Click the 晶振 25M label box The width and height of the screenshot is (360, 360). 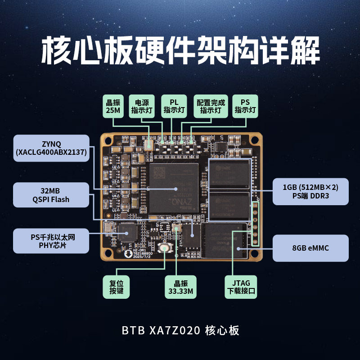tap(113, 106)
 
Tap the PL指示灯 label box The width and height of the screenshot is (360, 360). tap(174, 106)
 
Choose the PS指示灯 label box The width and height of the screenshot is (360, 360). tap(245, 106)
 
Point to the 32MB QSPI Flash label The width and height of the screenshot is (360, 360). tap(50, 195)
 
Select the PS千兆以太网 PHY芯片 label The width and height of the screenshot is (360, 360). tap(50, 241)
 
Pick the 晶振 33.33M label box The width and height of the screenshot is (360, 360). tap(180, 288)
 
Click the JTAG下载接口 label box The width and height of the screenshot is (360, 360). tap(241, 288)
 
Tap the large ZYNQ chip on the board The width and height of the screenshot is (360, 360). tap(174, 188)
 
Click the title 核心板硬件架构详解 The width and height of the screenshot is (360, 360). tap(180, 50)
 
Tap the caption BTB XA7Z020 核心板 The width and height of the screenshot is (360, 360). tap(180, 331)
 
